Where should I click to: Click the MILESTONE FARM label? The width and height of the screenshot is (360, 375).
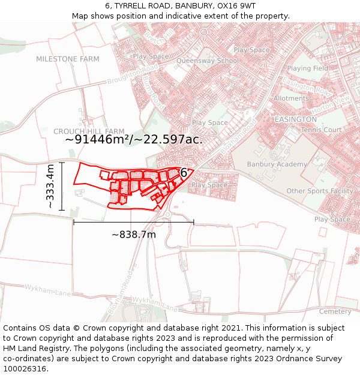(68, 59)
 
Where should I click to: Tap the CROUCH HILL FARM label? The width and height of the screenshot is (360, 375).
(89, 131)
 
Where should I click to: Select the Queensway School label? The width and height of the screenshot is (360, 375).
(216, 61)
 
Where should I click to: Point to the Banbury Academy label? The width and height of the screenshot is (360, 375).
(277, 164)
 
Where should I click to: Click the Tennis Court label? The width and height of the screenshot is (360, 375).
(321, 130)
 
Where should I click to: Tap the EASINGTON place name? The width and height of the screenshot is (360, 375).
(295, 119)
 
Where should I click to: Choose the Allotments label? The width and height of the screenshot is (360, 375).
(291, 98)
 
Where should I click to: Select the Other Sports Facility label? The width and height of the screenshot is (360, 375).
(320, 191)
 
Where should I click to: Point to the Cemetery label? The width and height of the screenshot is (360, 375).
(335, 311)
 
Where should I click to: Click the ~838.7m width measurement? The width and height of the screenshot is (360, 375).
(134, 235)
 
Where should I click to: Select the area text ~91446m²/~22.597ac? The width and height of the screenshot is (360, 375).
(134, 139)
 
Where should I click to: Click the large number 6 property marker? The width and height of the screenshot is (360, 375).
(184, 173)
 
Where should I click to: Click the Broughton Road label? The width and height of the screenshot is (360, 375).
(133, 76)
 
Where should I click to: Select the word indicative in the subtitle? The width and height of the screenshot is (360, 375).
(175, 16)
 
